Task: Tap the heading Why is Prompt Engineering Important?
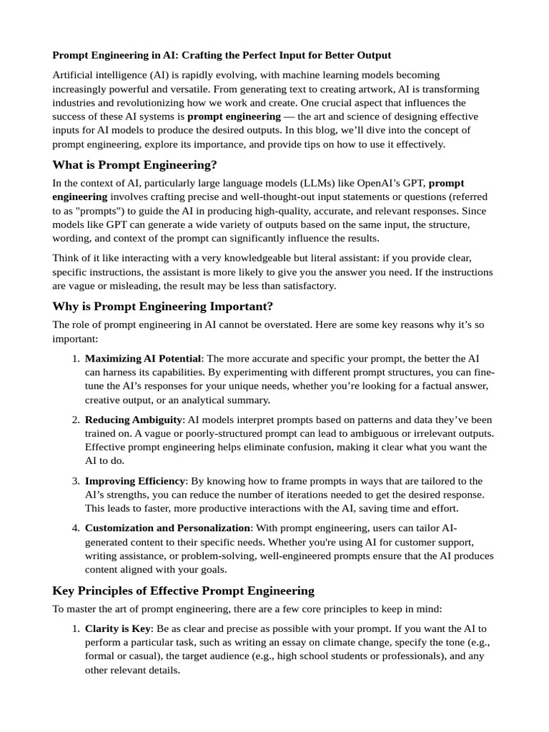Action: click(162, 306)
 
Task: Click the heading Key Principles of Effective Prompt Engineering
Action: click(183, 590)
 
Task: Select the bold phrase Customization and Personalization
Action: click(168, 528)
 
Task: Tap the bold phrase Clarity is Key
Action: click(118, 629)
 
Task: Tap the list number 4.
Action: click(75, 528)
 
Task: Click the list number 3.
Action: click(75, 481)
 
